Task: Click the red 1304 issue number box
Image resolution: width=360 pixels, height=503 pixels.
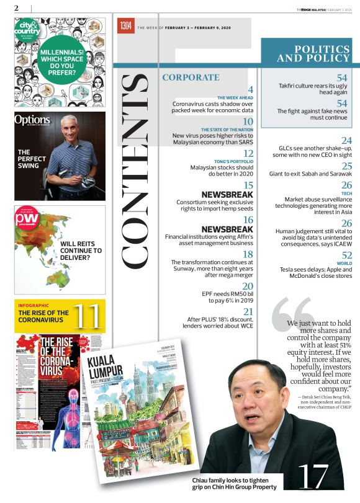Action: click(126, 25)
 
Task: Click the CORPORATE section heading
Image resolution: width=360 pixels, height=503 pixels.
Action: click(191, 78)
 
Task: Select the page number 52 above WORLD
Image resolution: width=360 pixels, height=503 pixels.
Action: click(346, 256)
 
